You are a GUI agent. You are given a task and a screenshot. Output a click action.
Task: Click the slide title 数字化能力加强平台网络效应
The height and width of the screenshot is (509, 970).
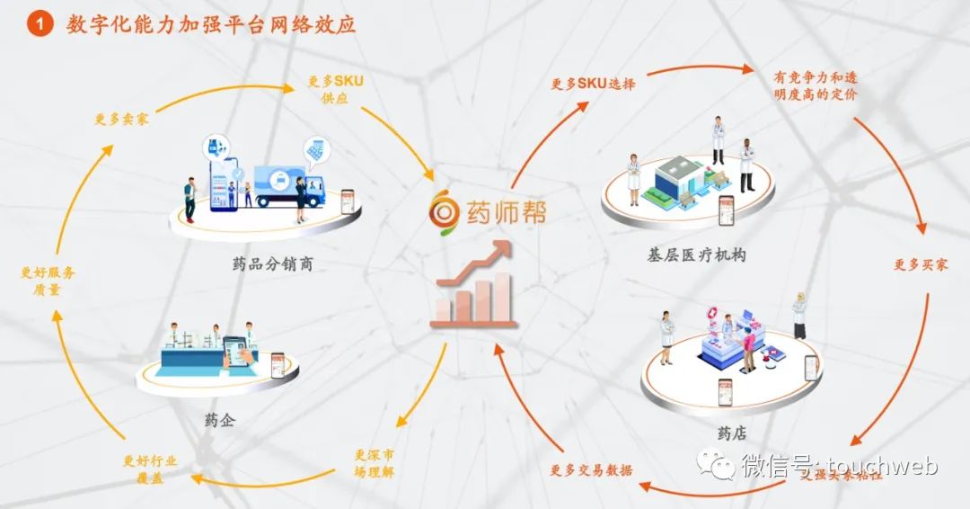click(211, 24)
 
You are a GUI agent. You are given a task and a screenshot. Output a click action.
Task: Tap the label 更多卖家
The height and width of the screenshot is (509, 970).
click(122, 119)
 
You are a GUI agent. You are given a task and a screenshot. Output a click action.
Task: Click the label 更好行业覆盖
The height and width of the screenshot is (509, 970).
click(150, 469)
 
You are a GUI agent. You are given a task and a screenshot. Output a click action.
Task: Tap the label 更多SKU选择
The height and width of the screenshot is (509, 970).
click(593, 84)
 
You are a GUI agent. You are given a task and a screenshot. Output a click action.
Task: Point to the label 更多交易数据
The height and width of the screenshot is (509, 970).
click(591, 469)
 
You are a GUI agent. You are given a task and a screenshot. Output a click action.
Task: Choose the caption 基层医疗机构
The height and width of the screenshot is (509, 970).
click(695, 255)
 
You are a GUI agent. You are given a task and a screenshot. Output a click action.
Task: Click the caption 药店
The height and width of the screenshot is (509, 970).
click(727, 433)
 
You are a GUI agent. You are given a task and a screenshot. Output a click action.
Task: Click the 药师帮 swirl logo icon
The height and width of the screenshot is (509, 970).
click(443, 210)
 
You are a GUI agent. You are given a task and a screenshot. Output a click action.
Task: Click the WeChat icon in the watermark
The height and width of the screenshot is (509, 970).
click(718, 466)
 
